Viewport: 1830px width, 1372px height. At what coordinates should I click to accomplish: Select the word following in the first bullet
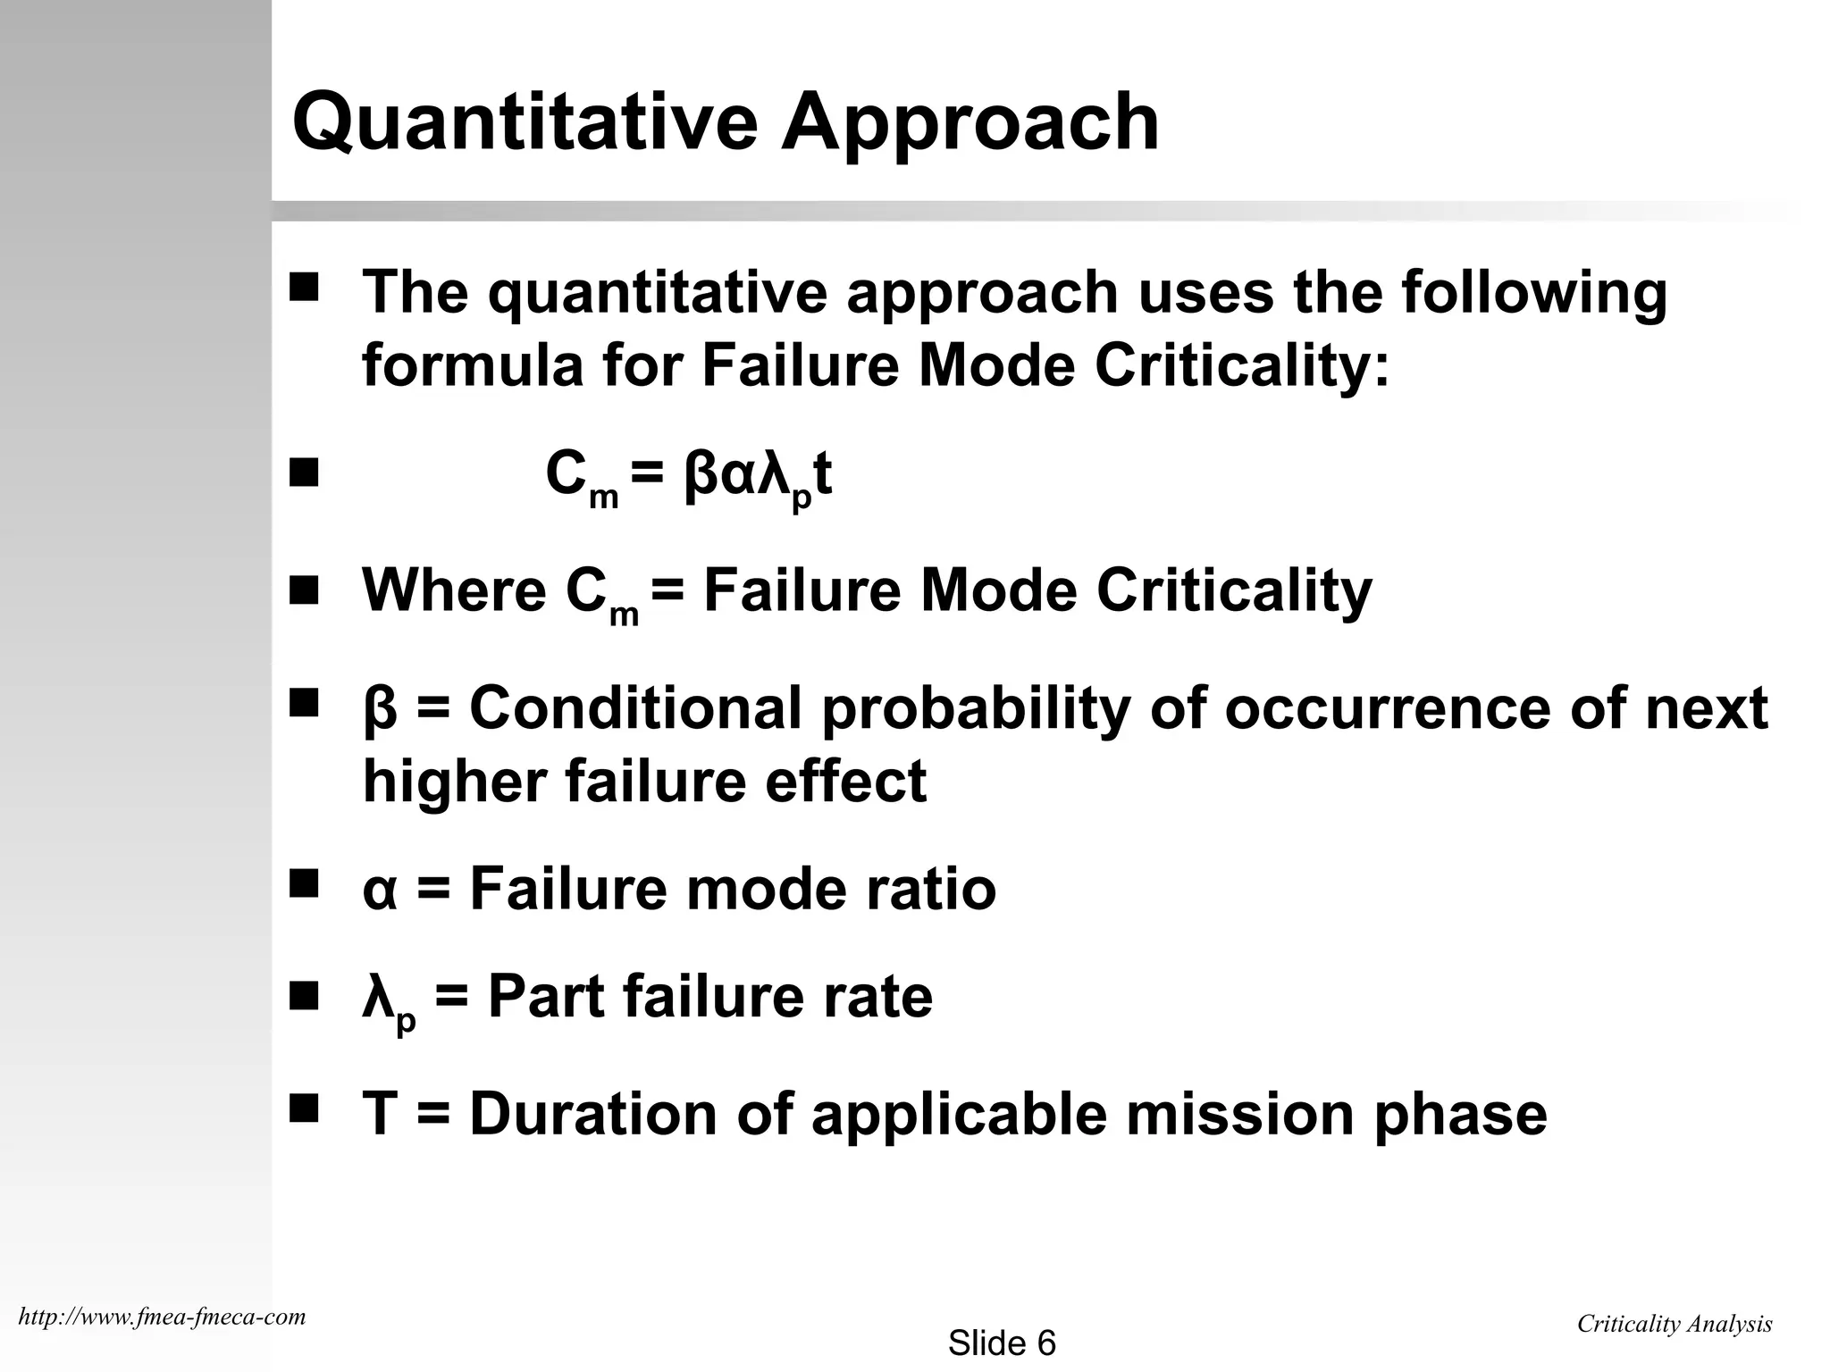[1533, 292]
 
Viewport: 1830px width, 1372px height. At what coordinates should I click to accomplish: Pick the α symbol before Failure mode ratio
[379, 891]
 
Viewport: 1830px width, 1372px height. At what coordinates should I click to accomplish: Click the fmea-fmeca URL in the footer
[162, 1316]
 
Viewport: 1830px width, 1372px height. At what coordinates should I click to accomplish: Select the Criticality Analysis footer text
[1674, 1324]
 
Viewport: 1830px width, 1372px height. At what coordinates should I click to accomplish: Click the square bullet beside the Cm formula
[304, 473]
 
